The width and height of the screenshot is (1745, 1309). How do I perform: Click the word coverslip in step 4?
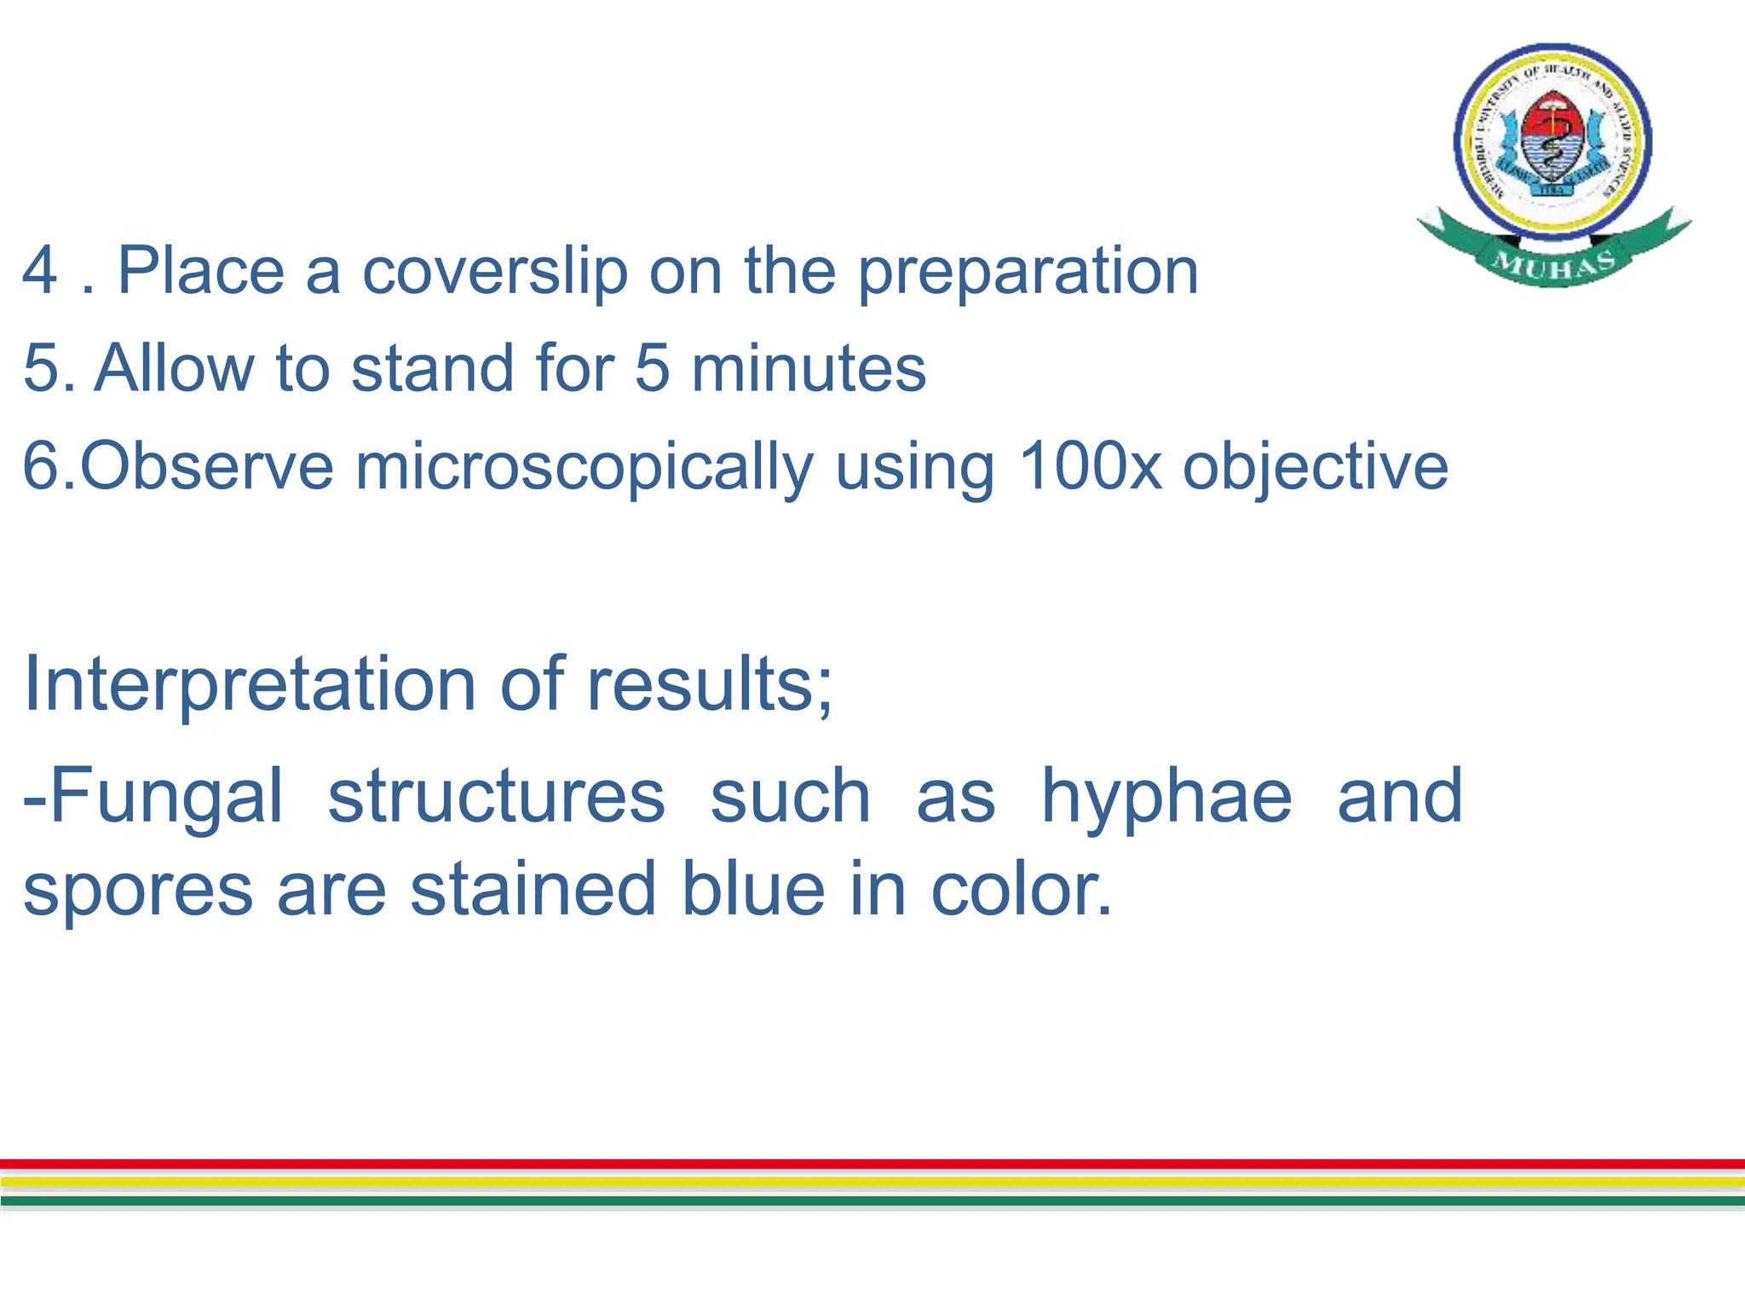[x=494, y=271]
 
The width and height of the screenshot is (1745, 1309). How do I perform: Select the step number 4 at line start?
[x=40, y=271]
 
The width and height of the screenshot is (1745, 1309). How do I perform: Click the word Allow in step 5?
[x=174, y=368]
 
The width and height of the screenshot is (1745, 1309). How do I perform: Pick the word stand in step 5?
[x=433, y=368]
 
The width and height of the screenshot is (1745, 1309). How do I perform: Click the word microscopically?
[x=585, y=467]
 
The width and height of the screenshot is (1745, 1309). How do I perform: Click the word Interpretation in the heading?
[x=250, y=683]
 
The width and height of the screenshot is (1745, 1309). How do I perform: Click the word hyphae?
[x=1166, y=798]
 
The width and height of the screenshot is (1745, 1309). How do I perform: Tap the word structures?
[x=496, y=796]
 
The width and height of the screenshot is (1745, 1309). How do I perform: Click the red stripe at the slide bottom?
[x=872, y=1163]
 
